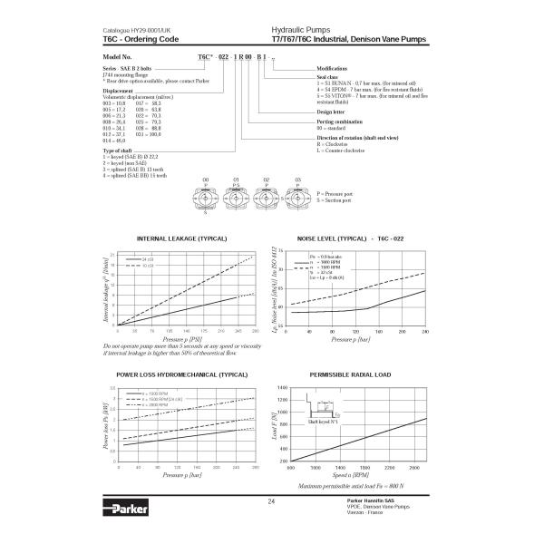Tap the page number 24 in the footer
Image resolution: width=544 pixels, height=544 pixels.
point(271,501)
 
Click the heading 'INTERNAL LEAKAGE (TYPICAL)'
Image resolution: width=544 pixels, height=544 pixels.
point(180,238)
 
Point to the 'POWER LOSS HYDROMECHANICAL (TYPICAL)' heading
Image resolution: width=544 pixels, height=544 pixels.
point(181,374)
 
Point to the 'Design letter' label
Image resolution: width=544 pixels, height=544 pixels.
point(330,112)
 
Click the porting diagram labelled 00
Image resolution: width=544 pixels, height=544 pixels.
point(206,195)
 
